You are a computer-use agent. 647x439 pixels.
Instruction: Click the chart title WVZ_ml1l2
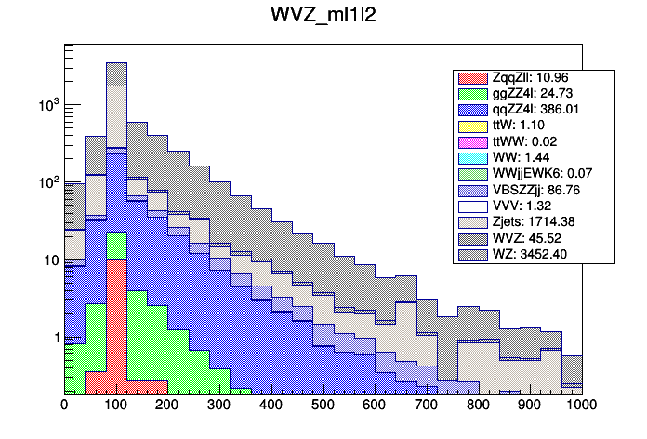click(323, 18)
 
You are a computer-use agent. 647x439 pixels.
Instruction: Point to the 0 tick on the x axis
click(64, 405)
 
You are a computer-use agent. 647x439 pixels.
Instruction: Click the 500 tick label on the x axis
click(323, 405)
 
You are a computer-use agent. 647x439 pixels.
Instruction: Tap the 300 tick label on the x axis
click(219, 405)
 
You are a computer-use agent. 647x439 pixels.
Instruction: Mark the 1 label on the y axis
click(53, 338)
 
